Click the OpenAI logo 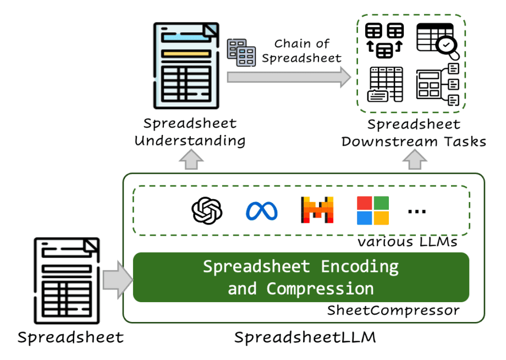pyautogui.click(x=207, y=210)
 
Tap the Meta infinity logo pyautogui.click(x=261, y=210)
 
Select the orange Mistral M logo pyautogui.click(x=317, y=210)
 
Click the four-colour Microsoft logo pyautogui.click(x=373, y=210)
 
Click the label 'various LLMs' pyautogui.click(x=407, y=241)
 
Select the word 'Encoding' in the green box pyautogui.click(x=360, y=266)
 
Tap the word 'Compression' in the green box pyautogui.click(x=320, y=288)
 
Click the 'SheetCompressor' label pyautogui.click(x=393, y=310)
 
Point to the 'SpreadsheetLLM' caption pyautogui.click(x=305, y=337)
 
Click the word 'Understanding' pyautogui.click(x=190, y=140)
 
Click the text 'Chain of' pyautogui.click(x=301, y=43)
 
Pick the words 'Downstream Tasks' pyautogui.click(x=414, y=141)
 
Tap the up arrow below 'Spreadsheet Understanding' pyautogui.click(x=191, y=160)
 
